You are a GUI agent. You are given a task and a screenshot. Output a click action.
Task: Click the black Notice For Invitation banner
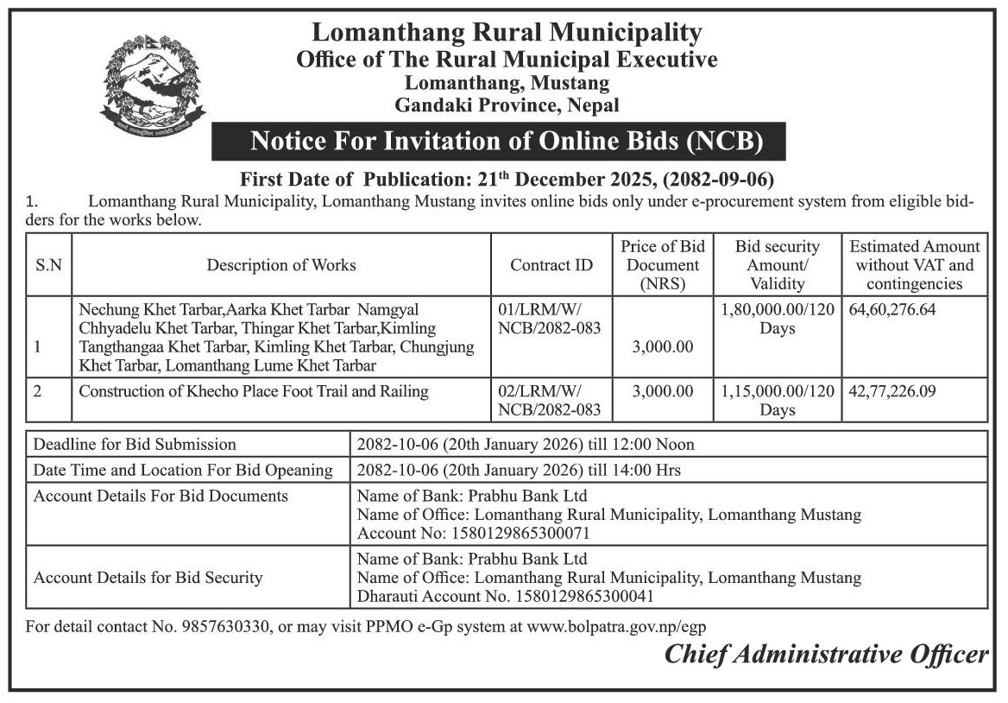499,141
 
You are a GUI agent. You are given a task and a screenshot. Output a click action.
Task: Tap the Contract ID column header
551,265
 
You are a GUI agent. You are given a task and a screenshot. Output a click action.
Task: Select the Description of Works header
281,265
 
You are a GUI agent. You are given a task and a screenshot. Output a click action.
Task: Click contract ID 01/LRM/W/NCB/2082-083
549,318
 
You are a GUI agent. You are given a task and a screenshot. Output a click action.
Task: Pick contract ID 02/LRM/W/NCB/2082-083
549,400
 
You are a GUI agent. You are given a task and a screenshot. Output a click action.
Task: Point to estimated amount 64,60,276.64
892,308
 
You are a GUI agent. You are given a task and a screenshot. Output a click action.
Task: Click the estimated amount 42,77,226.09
892,391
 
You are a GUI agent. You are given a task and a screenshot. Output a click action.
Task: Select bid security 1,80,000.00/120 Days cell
777,318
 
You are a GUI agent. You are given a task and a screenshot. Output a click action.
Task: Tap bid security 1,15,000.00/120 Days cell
777,400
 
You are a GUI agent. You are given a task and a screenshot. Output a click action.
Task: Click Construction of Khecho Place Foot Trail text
254,391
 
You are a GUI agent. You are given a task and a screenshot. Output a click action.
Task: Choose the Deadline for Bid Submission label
135,445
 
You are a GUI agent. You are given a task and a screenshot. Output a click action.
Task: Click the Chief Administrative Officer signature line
826,655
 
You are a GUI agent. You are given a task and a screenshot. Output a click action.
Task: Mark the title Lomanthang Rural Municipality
507,33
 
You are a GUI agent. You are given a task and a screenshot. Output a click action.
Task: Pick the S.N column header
48,265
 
